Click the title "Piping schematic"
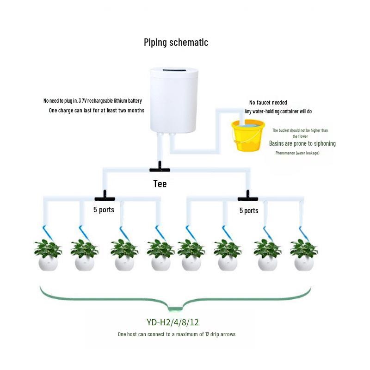click(176, 43)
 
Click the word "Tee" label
click(160, 184)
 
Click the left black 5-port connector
click(104, 197)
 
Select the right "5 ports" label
click(249, 210)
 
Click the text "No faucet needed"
click(268, 103)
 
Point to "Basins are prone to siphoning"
click(302, 143)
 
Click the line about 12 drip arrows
click(176, 334)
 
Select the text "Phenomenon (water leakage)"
click(297, 153)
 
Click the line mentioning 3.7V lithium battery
click(92, 101)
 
